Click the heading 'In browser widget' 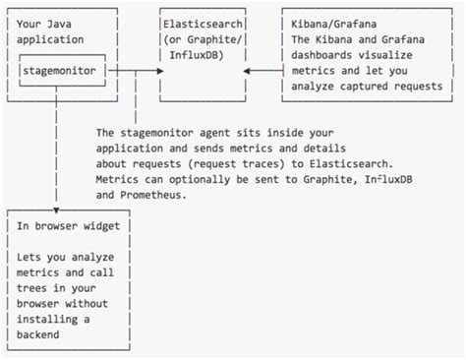(69, 225)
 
